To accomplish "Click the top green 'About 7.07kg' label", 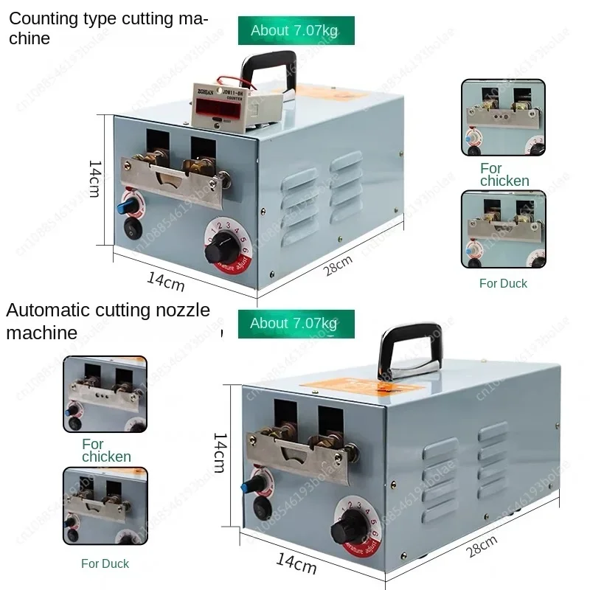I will (296, 30).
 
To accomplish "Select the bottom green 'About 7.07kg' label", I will (296, 324).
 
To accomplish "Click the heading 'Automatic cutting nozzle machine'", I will (107, 321).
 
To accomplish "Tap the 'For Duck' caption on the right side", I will (503, 283).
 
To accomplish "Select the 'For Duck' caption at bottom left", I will (105, 563).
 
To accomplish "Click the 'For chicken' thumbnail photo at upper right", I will (504, 118).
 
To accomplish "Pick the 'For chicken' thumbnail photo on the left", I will (105, 394).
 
